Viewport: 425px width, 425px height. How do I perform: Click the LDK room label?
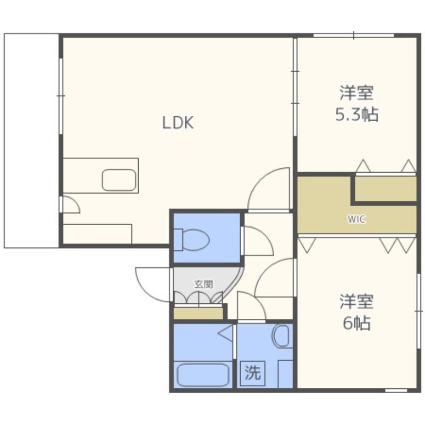[178, 123]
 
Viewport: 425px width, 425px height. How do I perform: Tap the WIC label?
[356, 219]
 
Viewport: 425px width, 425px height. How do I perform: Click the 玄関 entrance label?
[203, 284]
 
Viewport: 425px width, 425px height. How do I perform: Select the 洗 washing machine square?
[253, 373]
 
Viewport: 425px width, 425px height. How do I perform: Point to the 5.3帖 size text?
[356, 115]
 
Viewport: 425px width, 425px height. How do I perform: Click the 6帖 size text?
[356, 323]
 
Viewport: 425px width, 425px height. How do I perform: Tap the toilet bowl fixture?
[192, 240]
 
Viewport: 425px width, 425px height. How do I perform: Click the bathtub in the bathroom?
[203, 375]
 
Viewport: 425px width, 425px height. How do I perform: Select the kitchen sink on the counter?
[118, 180]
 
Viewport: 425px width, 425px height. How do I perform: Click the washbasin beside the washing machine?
[282, 336]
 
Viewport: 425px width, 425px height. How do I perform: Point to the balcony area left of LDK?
[31, 140]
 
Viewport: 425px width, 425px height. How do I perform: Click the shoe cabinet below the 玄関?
[198, 313]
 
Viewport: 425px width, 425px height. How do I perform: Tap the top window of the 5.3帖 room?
[353, 35]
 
